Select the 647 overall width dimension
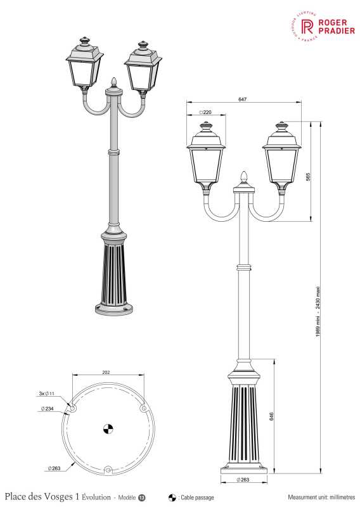(x=243, y=99)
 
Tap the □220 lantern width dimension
(x=204, y=112)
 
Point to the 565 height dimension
(x=307, y=177)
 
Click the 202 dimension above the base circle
(x=106, y=373)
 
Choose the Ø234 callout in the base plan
(x=46, y=409)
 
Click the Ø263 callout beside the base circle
(x=54, y=467)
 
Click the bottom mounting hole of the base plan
(x=108, y=470)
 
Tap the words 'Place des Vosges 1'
(x=41, y=497)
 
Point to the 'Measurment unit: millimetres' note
(x=321, y=497)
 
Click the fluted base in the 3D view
(x=115, y=273)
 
